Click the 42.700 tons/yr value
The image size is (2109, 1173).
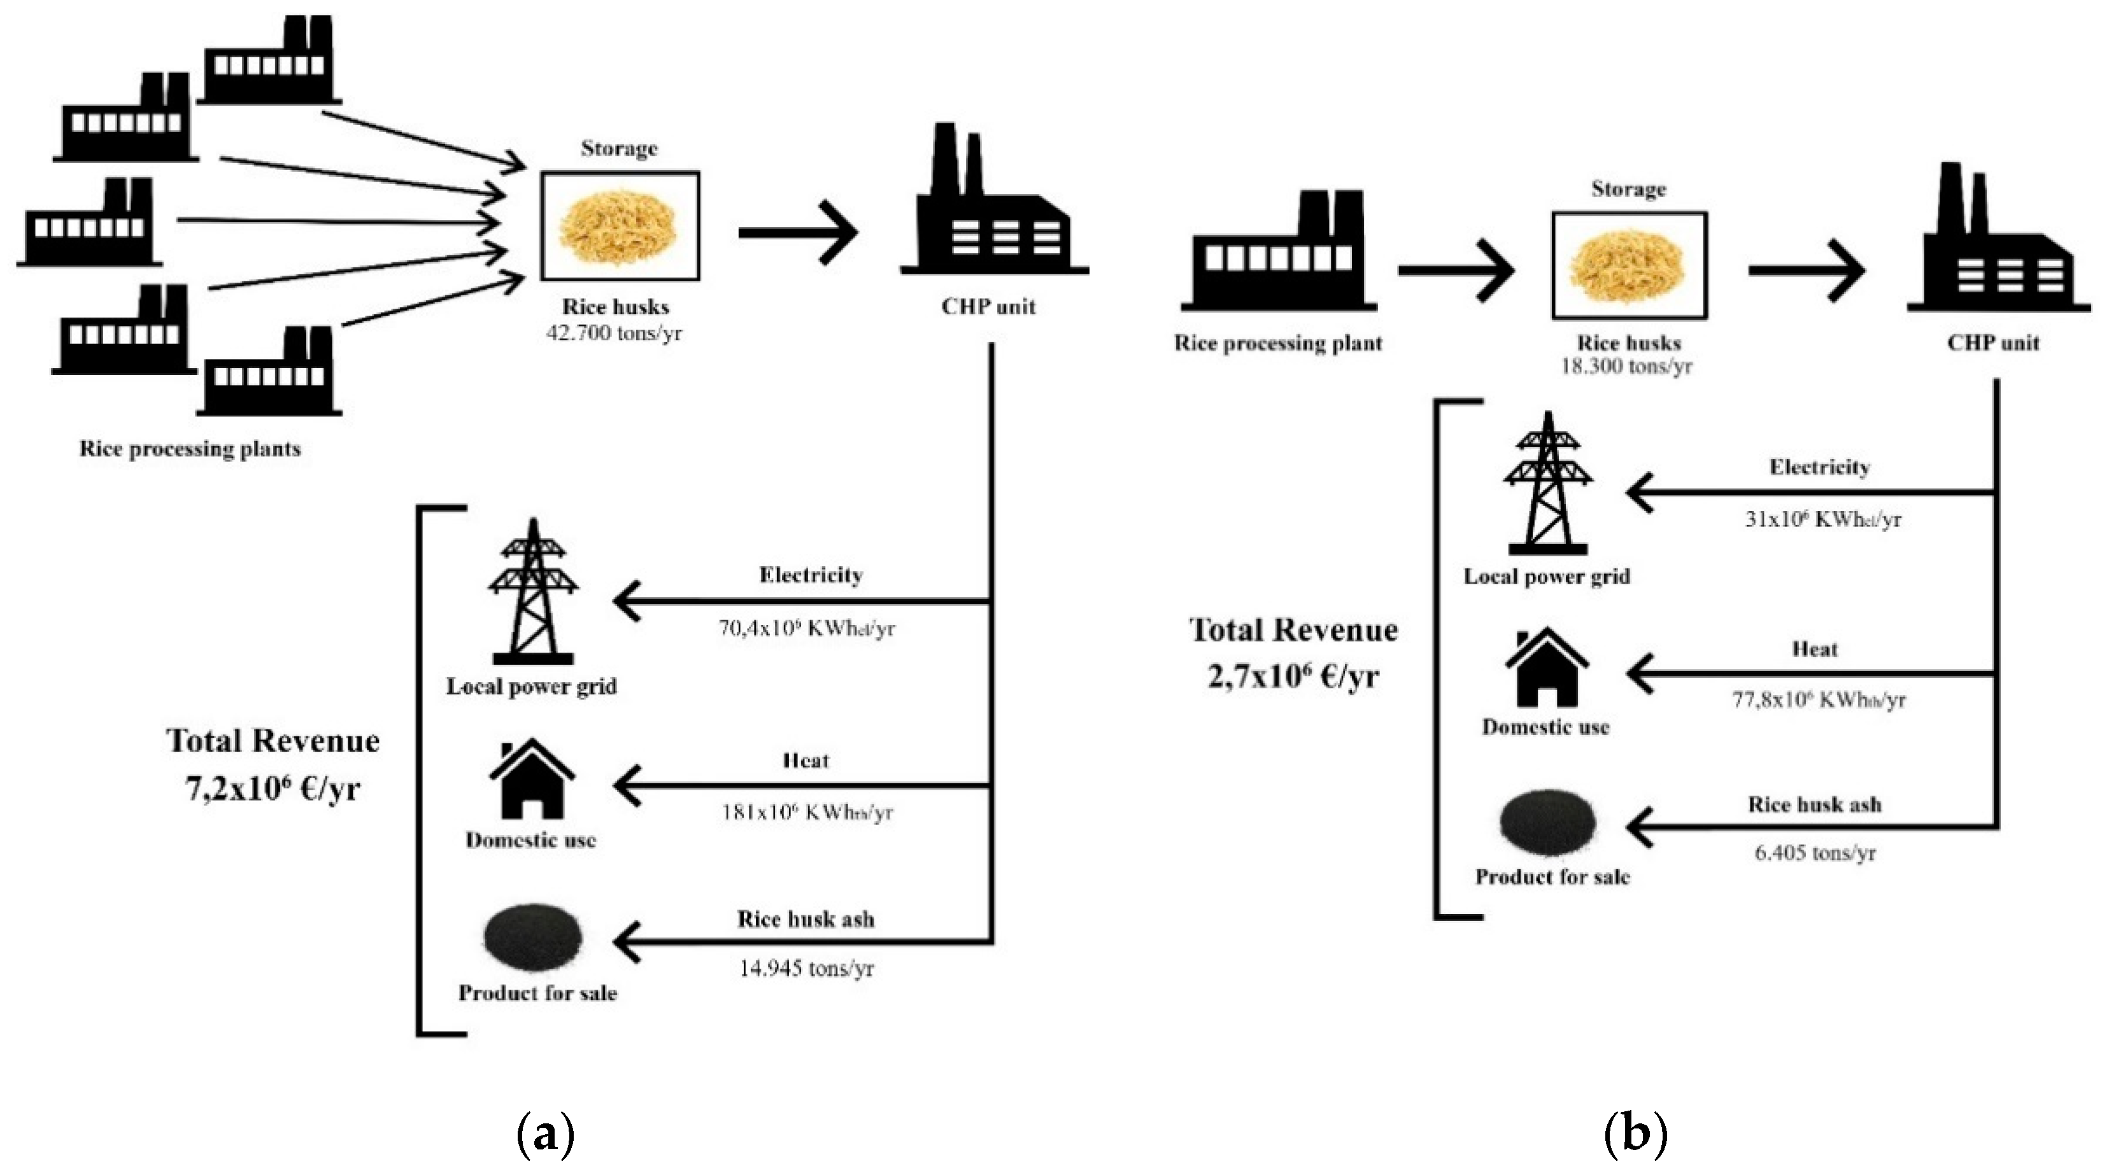pos(614,333)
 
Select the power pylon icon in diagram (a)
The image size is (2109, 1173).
pos(533,591)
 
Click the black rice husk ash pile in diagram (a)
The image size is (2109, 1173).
pos(533,938)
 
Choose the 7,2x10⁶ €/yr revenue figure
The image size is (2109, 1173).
pos(273,789)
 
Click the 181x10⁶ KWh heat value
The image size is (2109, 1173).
pos(806,812)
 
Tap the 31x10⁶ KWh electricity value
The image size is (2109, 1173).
pos(1822,519)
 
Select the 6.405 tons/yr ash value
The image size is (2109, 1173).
pos(1814,852)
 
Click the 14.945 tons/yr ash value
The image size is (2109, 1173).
pos(806,968)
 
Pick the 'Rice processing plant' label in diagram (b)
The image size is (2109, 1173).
pos(1278,343)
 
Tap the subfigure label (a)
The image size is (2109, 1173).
pos(546,1134)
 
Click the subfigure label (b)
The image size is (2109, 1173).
pos(1635,1134)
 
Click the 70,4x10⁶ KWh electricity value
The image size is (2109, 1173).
pos(806,628)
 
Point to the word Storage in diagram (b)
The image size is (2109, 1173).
pos(1628,189)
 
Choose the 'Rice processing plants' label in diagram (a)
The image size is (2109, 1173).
pos(190,449)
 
